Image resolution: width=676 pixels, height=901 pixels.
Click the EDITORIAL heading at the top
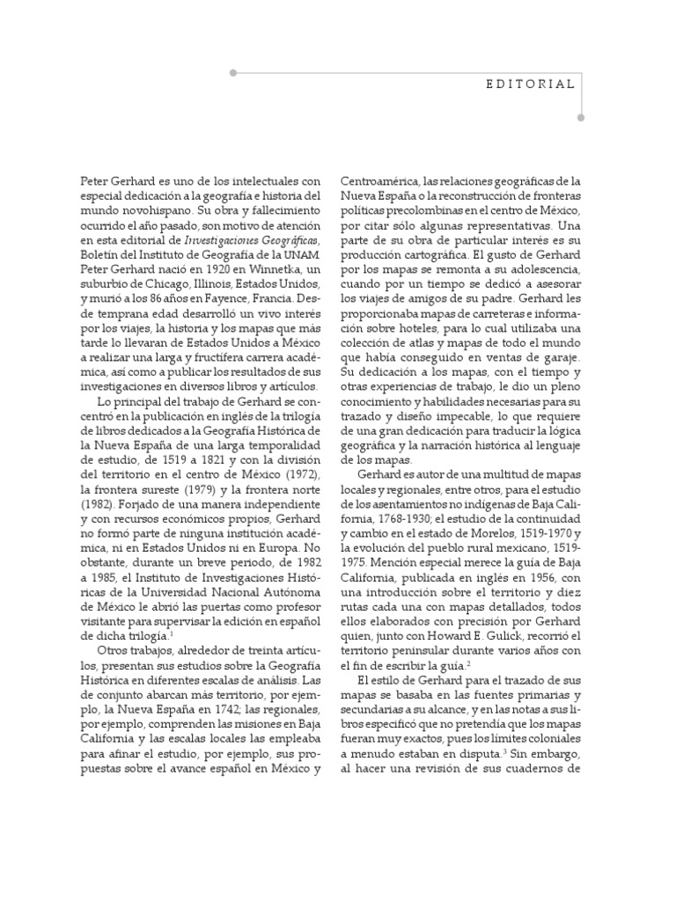(531, 84)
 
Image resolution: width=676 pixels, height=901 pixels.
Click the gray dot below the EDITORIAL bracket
(579, 115)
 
